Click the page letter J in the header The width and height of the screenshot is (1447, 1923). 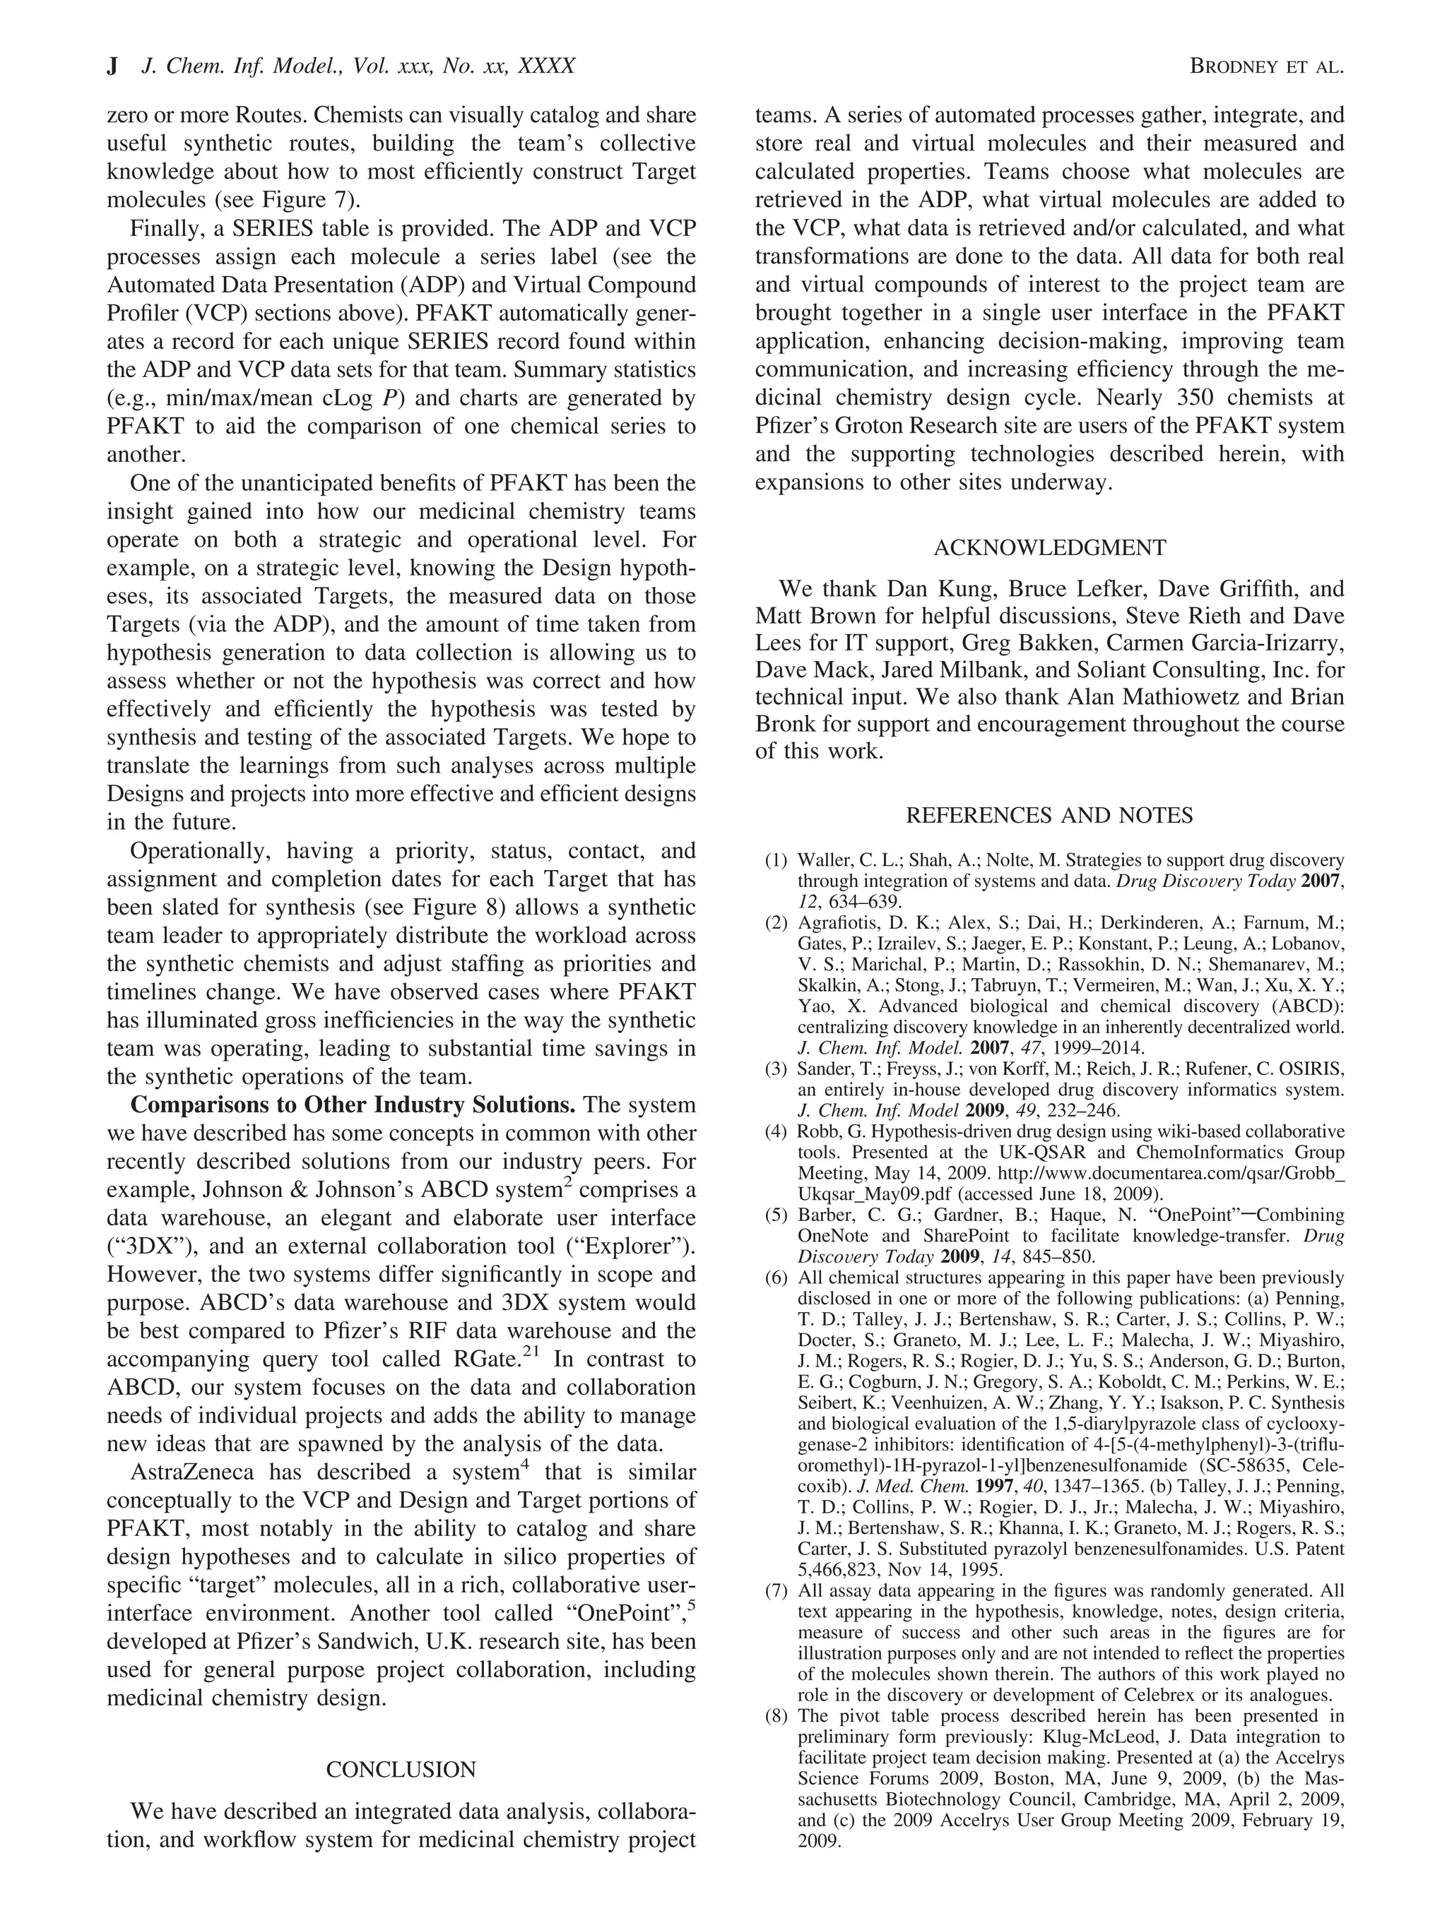[112, 66]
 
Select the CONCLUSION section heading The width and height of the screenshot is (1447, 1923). [401, 1769]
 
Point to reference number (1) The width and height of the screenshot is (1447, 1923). [776, 861]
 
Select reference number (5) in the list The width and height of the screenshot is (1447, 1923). [776, 1215]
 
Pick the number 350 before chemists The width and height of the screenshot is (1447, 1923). [1201, 398]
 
